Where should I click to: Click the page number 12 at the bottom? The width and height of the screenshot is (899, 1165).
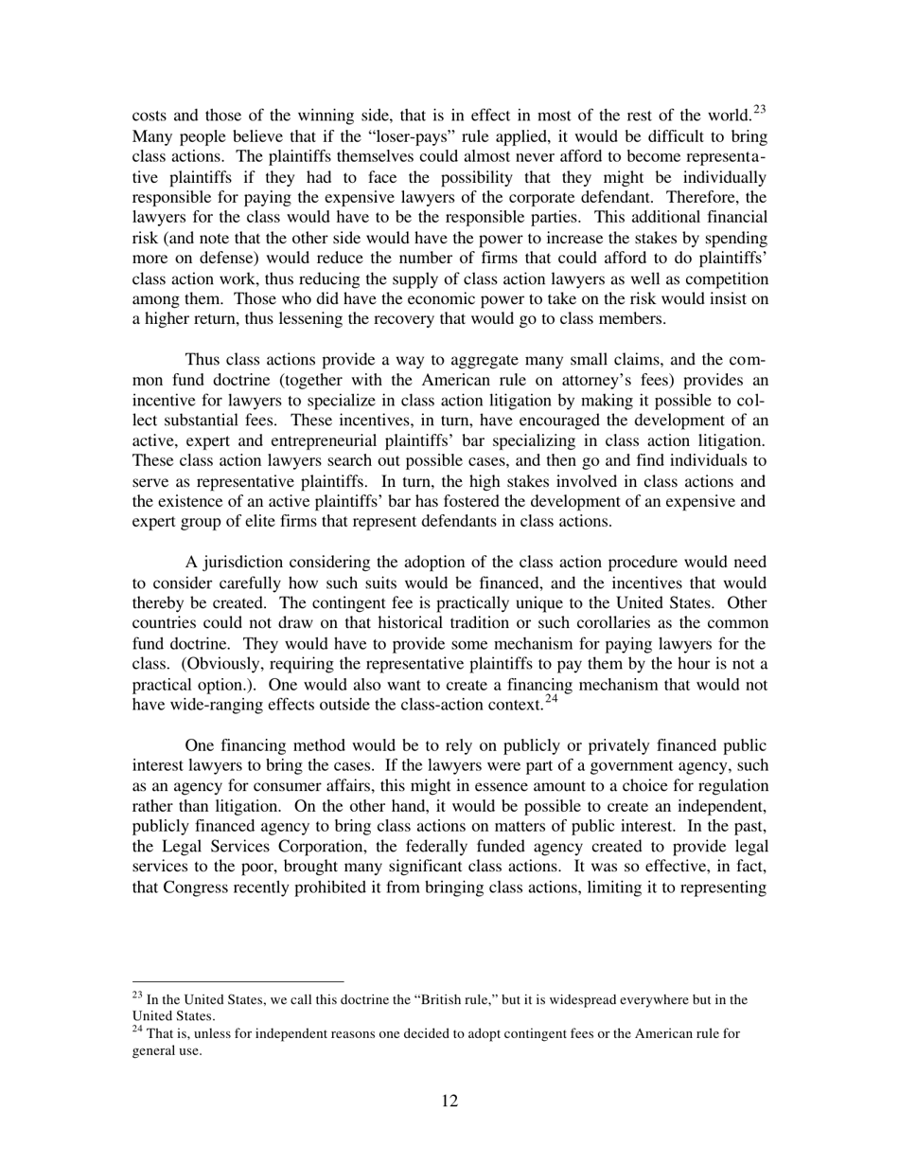(449, 1100)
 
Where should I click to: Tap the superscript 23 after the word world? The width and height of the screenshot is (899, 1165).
(758, 109)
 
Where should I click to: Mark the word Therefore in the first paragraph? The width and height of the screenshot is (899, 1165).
(702, 197)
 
